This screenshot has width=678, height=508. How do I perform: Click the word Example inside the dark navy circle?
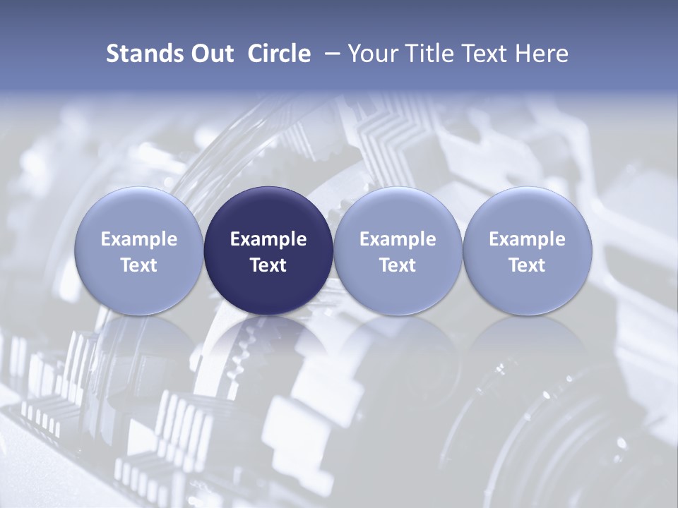click(268, 239)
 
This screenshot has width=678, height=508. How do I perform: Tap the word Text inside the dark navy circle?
click(268, 265)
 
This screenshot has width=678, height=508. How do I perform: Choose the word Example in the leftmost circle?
click(139, 239)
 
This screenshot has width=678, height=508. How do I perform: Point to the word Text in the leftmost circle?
click(139, 265)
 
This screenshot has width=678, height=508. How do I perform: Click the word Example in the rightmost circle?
click(527, 239)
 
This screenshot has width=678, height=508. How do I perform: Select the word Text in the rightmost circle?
click(527, 265)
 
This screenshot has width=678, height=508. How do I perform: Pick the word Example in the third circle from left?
click(398, 239)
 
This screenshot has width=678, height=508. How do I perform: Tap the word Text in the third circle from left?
click(398, 265)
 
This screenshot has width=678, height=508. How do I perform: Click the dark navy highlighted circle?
click(268, 212)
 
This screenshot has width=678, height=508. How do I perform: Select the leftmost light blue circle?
click(139, 212)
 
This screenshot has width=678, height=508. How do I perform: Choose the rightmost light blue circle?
click(527, 212)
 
